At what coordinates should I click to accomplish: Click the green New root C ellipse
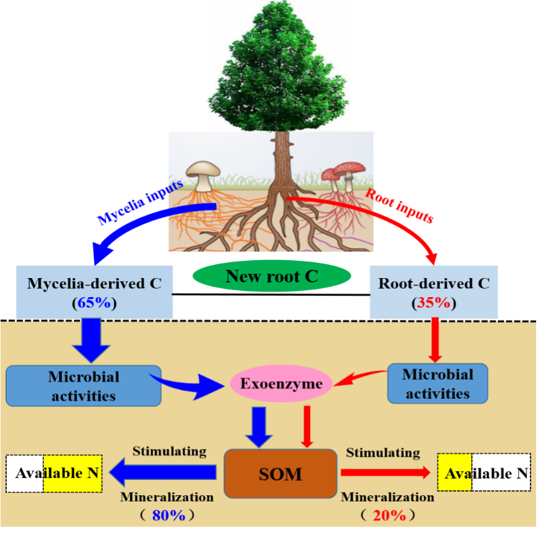click(271, 276)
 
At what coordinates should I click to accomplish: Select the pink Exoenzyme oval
click(281, 384)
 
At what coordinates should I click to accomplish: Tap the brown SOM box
click(281, 474)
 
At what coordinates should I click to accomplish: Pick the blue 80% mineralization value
click(168, 515)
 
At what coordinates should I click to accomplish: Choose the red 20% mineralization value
click(389, 515)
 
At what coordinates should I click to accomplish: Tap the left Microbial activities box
click(83, 386)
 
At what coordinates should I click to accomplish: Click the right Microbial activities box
click(438, 384)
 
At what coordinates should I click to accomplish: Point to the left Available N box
click(54, 474)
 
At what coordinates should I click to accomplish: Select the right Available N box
click(484, 473)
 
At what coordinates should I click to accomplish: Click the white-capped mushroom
click(203, 173)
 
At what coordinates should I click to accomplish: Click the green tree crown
click(278, 68)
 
